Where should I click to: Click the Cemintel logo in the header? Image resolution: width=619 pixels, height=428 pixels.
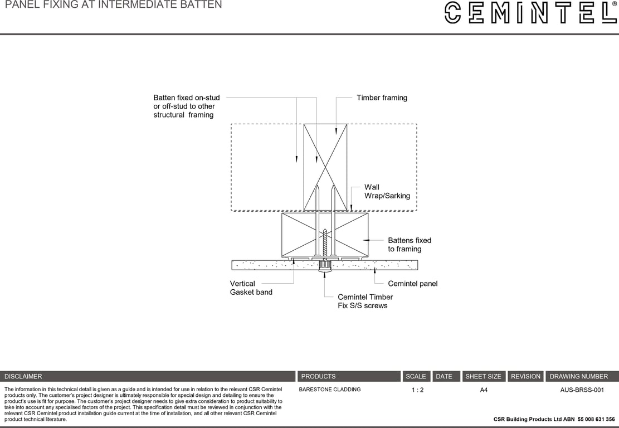tap(529, 12)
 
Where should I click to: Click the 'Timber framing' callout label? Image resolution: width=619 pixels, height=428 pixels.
tap(382, 98)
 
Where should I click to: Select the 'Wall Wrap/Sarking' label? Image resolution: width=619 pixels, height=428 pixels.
tap(387, 191)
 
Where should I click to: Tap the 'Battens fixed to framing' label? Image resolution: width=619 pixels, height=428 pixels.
tap(410, 245)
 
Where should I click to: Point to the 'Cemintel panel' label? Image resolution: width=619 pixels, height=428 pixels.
tap(412, 284)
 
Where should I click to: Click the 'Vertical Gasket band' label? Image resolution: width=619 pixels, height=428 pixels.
tap(251, 288)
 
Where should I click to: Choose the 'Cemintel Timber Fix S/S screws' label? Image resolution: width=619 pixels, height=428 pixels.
tap(365, 301)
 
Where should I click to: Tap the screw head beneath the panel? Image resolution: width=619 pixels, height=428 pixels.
tap(325, 271)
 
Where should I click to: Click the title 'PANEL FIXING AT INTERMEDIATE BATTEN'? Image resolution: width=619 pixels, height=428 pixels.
tap(113, 5)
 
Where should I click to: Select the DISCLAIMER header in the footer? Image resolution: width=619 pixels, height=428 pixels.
tap(23, 376)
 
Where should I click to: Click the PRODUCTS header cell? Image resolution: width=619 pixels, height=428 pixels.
tap(318, 376)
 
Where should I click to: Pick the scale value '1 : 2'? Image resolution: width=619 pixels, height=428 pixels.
tap(417, 390)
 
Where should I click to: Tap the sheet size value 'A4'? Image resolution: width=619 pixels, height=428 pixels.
tap(484, 390)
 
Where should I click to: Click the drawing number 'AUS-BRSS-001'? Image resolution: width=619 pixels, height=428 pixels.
tap(582, 390)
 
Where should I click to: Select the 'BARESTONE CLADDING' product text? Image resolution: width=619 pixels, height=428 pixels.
tap(330, 390)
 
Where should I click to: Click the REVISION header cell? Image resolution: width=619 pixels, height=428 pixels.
tap(525, 376)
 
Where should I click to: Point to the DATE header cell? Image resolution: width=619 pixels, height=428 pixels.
tap(444, 376)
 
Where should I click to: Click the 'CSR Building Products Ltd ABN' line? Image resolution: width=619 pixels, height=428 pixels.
tap(554, 419)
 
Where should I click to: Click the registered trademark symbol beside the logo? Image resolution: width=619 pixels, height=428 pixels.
tap(614, 4)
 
